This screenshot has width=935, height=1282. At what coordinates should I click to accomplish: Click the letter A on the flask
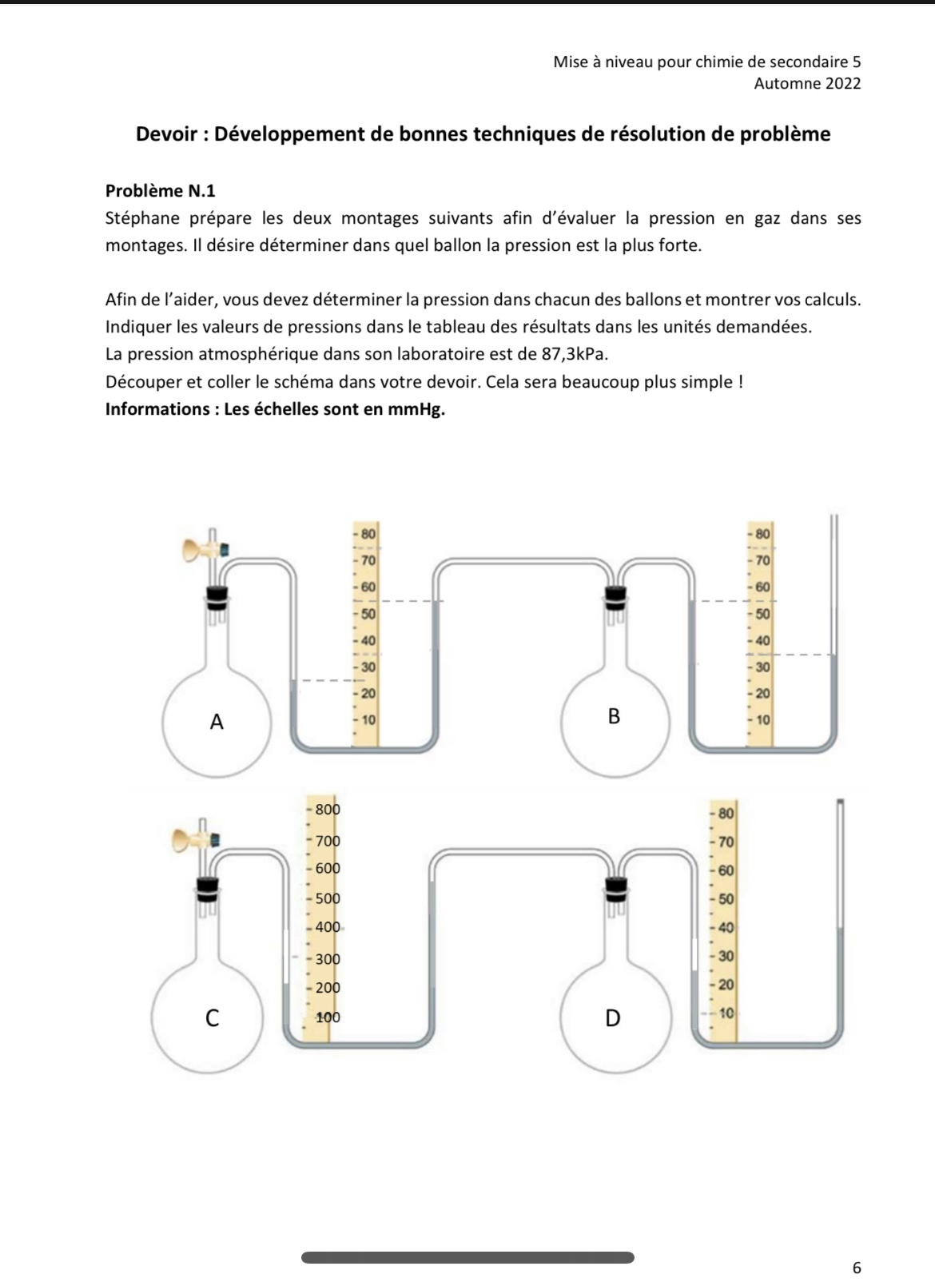tap(216, 722)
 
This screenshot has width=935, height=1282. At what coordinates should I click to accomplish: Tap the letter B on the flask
tap(614, 716)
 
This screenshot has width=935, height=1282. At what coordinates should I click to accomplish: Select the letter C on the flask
tap(212, 1018)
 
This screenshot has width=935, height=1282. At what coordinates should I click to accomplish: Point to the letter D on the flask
tap(612, 1018)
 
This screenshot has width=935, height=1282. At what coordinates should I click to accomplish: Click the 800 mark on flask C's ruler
tap(328, 809)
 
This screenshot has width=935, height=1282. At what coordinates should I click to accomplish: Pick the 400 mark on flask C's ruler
tap(328, 927)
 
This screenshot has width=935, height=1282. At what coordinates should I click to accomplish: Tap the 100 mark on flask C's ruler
tap(328, 1017)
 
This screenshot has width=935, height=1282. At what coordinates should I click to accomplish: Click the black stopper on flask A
tap(215, 595)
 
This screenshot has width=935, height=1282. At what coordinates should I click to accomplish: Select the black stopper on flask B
tap(615, 595)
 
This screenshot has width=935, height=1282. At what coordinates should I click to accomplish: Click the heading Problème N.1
tap(160, 191)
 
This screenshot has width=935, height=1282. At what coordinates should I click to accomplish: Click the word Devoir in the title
tap(167, 134)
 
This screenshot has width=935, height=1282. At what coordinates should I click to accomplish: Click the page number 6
tap(857, 1268)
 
